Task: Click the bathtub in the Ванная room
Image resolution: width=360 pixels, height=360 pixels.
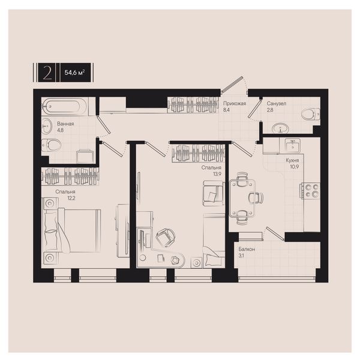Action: [x=64, y=106]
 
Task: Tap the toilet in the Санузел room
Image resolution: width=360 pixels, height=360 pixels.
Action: [x=310, y=114]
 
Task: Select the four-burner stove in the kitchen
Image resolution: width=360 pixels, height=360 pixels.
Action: [x=311, y=191]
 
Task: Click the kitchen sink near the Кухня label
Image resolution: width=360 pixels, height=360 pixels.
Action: [x=293, y=145]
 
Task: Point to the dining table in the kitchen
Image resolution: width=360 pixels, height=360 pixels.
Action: [x=242, y=199]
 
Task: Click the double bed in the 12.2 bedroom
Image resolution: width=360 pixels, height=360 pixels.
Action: [x=72, y=230]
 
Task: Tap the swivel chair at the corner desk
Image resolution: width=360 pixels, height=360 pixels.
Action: [x=166, y=237]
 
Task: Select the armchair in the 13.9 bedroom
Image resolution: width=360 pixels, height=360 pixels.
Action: [x=213, y=193]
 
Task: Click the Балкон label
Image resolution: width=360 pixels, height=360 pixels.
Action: [x=247, y=249]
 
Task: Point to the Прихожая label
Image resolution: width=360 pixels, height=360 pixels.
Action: [x=235, y=104]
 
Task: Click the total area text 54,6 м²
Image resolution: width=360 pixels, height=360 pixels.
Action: [x=74, y=73]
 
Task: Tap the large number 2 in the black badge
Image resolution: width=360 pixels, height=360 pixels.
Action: [x=47, y=73]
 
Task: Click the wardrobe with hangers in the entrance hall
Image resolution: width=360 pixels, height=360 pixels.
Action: [x=193, y=104]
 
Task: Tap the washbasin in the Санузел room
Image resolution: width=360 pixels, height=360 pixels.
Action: [x=280, y=128]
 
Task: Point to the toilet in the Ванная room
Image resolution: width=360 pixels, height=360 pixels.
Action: [x=51, y=145]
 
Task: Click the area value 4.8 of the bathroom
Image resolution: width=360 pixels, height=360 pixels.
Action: [x=61, y=130]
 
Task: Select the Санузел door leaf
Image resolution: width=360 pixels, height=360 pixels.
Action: [x=254, y=109]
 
